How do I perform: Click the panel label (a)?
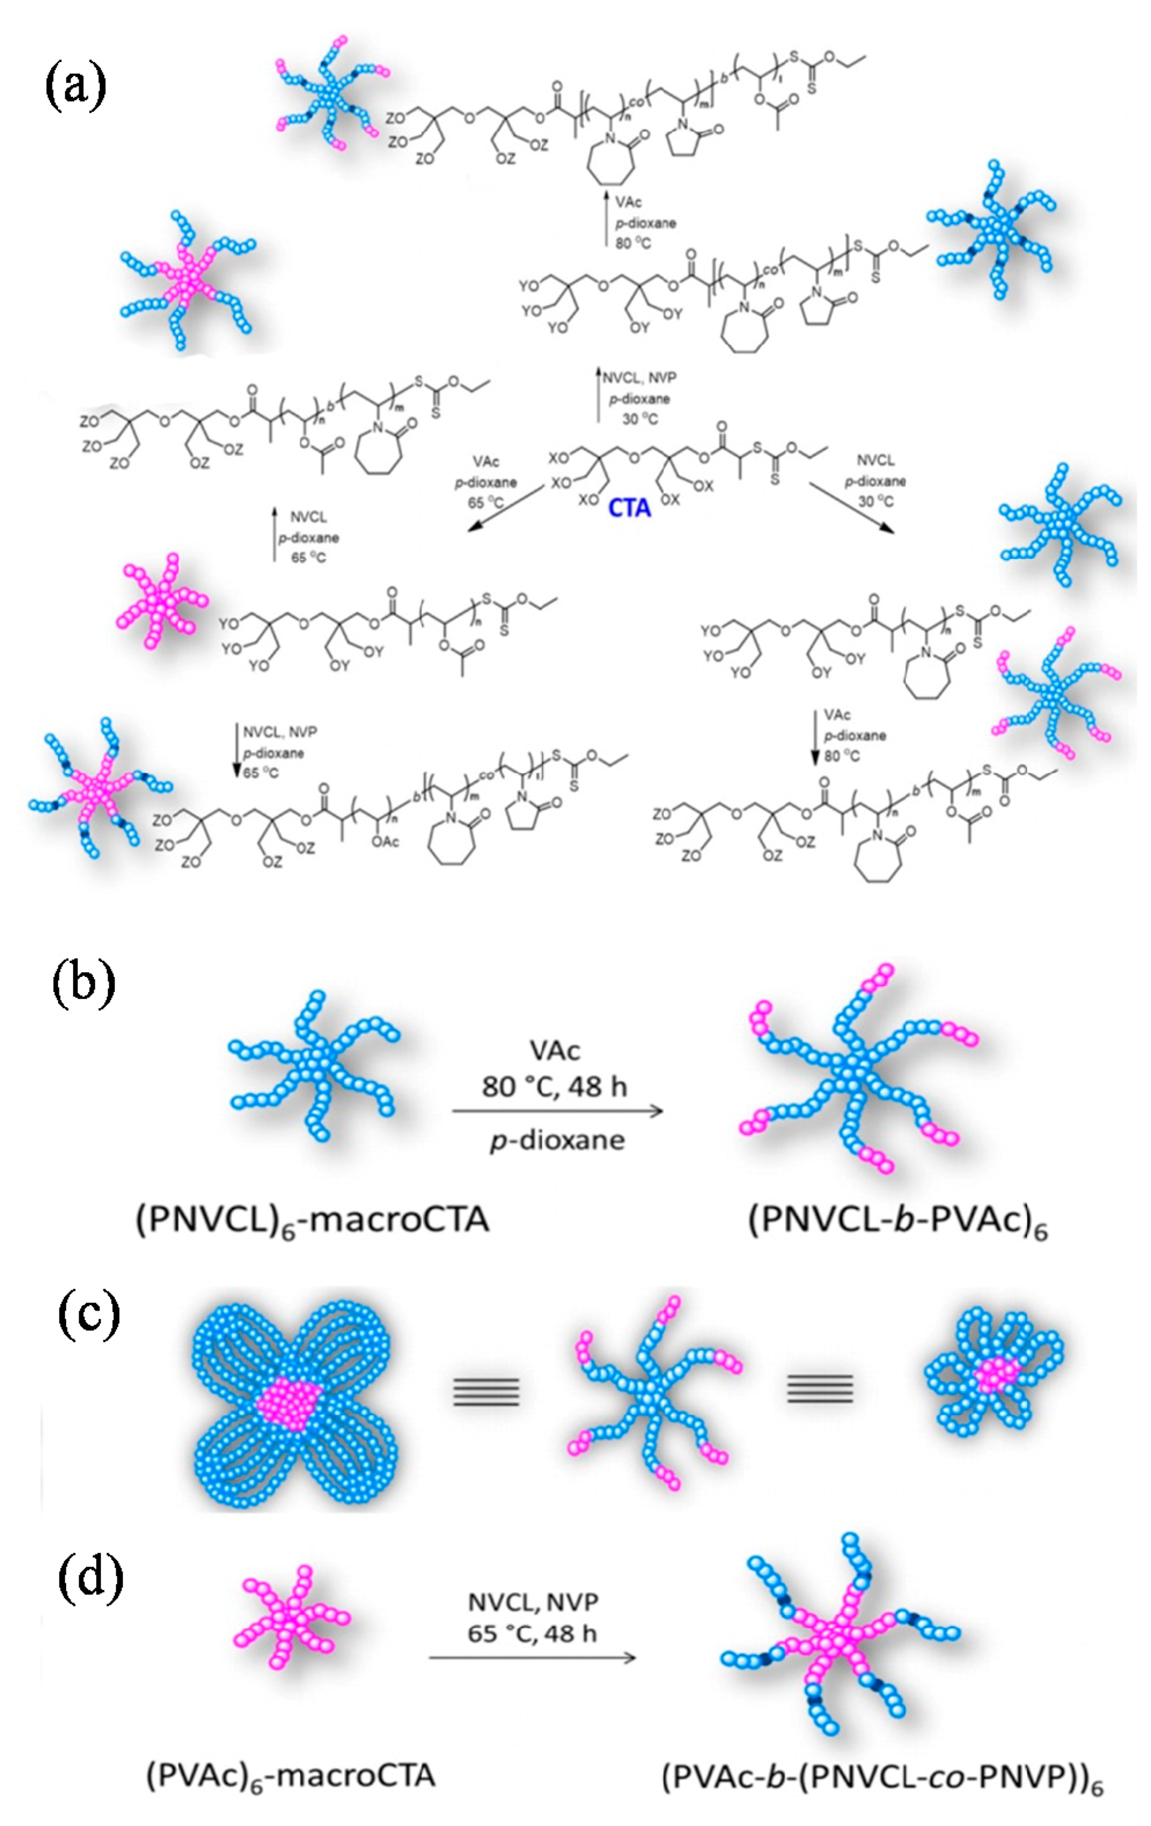pyautogui.click(x=74, y=87)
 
